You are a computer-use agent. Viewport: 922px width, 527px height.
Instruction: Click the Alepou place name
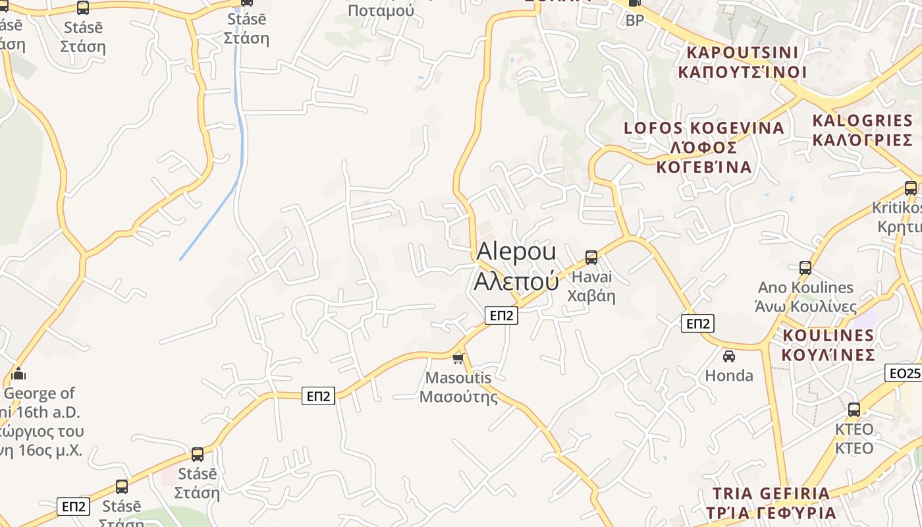coord(516,266)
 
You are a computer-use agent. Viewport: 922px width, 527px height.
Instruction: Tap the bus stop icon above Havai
coord(591,258)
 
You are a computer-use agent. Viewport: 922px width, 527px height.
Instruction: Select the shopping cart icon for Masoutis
coord(458,359)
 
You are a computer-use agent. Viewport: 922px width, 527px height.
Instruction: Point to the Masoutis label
coord(458,387)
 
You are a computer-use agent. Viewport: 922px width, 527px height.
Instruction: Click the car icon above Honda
coord(729,356)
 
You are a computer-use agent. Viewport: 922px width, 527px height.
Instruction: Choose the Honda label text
coord(729,375)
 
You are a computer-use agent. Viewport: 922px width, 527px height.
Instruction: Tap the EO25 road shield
coord(904,374)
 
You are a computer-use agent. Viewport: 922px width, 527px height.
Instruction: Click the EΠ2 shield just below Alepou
coord(501,316)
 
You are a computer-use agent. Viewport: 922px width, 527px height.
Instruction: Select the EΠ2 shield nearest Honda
coord(697,323)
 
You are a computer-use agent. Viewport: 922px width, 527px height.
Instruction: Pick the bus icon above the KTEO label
coord(854,409)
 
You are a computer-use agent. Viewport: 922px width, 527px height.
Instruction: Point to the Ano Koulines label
coord(806,296)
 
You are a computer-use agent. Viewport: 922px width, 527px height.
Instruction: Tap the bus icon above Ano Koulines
coord(805,268)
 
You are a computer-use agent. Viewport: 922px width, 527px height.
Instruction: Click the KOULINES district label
coord(828,345)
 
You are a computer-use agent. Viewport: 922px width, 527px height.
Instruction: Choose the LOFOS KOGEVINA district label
coord(704,147)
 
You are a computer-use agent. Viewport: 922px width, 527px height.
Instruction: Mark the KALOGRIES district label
coord(863,130)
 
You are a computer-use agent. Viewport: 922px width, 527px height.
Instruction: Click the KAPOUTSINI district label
coord(742,61)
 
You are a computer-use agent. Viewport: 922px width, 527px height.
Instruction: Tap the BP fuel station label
coord(635,20)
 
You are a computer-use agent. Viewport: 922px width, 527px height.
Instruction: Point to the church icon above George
coord(18,374)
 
